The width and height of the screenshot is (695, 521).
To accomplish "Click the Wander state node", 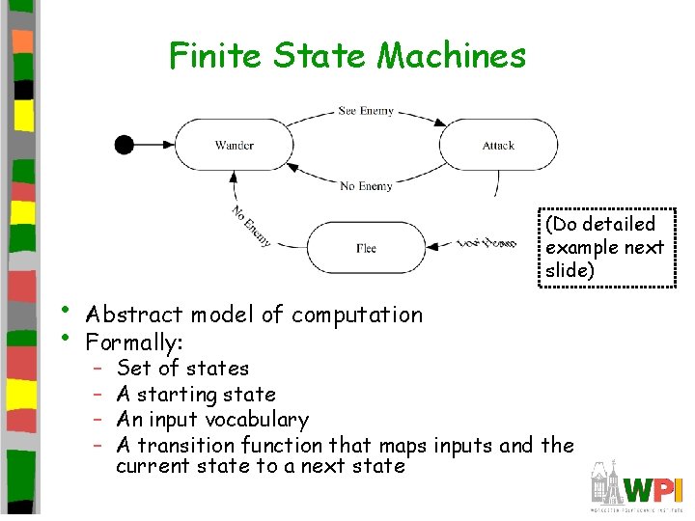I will [235, 146].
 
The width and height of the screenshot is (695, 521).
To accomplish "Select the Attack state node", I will [498, 146].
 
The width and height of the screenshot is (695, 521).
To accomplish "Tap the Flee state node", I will [366, 248].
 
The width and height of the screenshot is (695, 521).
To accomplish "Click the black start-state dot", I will [124, 145].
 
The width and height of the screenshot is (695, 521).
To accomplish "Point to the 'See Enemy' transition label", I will [366, 111].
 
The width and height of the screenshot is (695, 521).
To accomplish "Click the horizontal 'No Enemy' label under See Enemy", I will [366, 186].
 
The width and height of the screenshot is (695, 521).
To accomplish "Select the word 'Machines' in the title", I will [452, 56].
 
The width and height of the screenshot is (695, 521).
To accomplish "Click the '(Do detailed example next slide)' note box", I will [604, 247].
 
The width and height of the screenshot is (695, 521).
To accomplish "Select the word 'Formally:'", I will [134, 342].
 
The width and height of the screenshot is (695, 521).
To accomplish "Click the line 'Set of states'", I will [182, 368].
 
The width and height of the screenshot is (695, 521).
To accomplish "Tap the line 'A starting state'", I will [196, 394].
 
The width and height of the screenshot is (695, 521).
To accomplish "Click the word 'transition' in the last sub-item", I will [187, 445].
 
